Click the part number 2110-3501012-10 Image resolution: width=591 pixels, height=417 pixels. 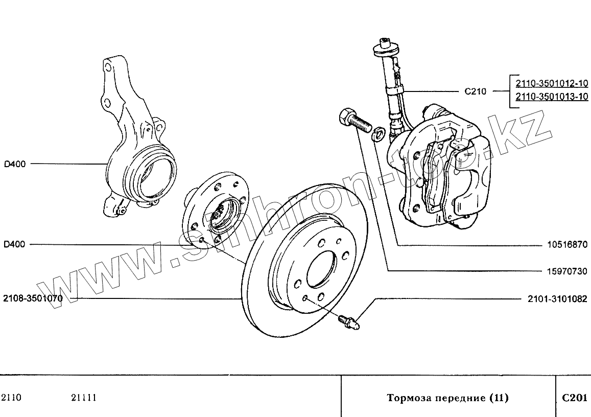551,84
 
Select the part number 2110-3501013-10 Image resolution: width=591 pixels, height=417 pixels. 551,96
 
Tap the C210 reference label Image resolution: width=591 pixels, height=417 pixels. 475,92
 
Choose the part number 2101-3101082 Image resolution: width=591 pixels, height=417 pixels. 557,299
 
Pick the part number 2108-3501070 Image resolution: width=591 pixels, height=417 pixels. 32,298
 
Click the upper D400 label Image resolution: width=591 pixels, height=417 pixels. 14,164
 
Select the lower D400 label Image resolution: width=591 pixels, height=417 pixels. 14,244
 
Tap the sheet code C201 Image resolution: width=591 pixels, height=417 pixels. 575,398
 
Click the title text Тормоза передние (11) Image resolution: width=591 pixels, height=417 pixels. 447,398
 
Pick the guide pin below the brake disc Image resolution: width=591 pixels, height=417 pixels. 349,321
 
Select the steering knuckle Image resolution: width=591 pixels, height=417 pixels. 133,148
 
